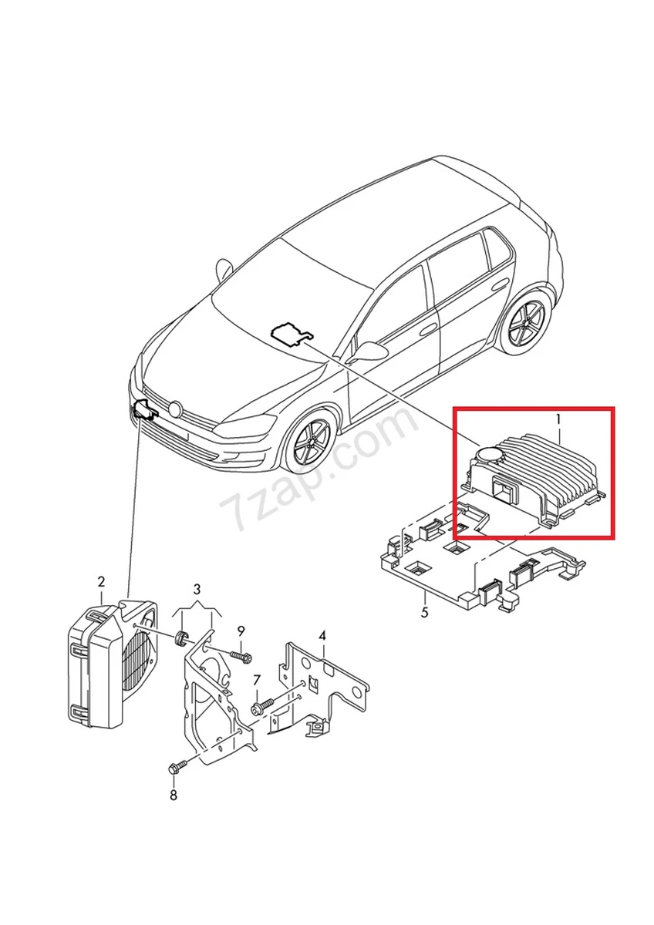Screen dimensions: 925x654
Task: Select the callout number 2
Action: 101,580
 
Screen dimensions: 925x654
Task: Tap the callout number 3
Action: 197,590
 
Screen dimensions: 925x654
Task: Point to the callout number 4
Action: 322,636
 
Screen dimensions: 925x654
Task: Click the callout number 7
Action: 257,681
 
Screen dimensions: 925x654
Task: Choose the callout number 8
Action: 173,795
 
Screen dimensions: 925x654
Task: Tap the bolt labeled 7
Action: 261,705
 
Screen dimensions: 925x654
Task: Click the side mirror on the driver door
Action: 369,351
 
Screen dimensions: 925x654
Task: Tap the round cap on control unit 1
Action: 489,456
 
